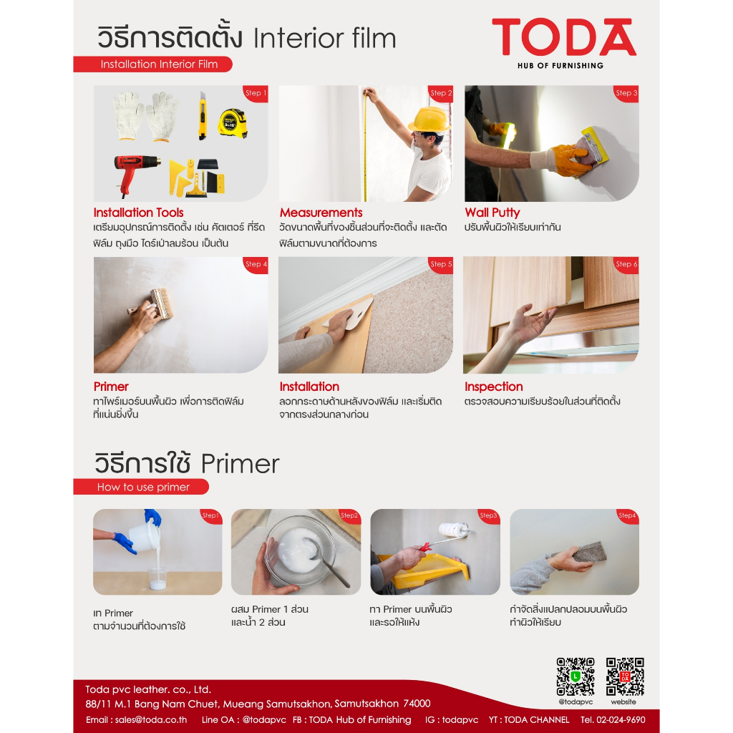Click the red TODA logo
pos(564,37)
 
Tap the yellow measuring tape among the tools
pos(233,123)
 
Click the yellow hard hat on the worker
pos(429,120)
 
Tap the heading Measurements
pos(321,213)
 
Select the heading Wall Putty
pos(492,213)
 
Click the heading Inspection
pos(494,387)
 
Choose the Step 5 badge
pos(441,265)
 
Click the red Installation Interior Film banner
pos(153,64)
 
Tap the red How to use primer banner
pos(141,487)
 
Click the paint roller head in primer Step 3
pos(453,530)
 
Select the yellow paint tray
pos(422,571)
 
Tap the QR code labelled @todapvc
pos(576,676)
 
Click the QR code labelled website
pos(625,676)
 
